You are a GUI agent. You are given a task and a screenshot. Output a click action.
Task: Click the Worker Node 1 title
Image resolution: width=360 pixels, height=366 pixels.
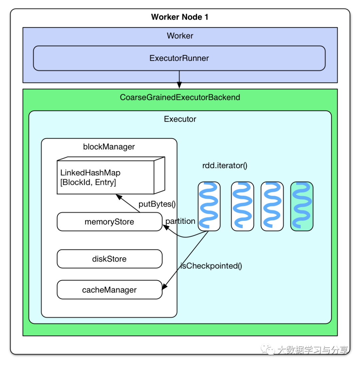click(179, 17)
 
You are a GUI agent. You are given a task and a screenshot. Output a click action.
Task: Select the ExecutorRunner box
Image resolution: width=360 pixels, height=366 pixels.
click(179, 58)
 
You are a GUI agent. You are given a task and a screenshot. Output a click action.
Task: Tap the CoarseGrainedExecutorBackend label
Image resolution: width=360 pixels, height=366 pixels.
click(180, 97)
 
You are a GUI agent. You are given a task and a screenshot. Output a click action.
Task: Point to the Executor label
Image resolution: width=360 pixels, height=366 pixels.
click(180, 119)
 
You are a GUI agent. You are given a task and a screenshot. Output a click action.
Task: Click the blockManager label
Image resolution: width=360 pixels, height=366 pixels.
click(109, 147)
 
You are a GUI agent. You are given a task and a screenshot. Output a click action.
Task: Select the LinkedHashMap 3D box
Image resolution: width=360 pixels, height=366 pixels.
click(111, 175)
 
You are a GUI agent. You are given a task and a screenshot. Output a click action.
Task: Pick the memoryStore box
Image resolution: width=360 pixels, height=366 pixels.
click(110, 221)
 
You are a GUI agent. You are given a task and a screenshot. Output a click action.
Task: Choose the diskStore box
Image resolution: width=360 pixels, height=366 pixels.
click(110, 259)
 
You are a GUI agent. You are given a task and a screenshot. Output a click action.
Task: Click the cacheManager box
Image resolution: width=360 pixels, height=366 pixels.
click(110, 290)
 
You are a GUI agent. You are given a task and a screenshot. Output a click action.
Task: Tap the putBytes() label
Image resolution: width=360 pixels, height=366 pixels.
click(157, 204)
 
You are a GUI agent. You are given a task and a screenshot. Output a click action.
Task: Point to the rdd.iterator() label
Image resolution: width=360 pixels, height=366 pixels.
click(225, 166)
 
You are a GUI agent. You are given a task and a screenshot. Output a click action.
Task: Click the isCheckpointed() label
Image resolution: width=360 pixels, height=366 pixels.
click(211, 266)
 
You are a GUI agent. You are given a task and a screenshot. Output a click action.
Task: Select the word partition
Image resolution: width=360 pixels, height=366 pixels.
click(180, 221)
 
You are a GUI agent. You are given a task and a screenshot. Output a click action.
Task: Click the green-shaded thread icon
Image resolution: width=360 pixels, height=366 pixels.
click(302, 206)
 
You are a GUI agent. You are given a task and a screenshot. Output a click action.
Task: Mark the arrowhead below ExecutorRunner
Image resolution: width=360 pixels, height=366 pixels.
click(179, 85)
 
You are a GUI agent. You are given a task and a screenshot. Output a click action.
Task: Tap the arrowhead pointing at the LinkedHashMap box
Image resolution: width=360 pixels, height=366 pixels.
click(119, 197)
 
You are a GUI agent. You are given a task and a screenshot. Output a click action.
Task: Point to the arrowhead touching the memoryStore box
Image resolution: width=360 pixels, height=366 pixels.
click(166, 227)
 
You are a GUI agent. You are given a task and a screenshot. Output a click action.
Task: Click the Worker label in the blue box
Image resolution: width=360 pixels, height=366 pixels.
click(180, 36)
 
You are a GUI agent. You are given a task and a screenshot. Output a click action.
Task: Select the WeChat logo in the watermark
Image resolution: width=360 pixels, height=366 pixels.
click(267, 349)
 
